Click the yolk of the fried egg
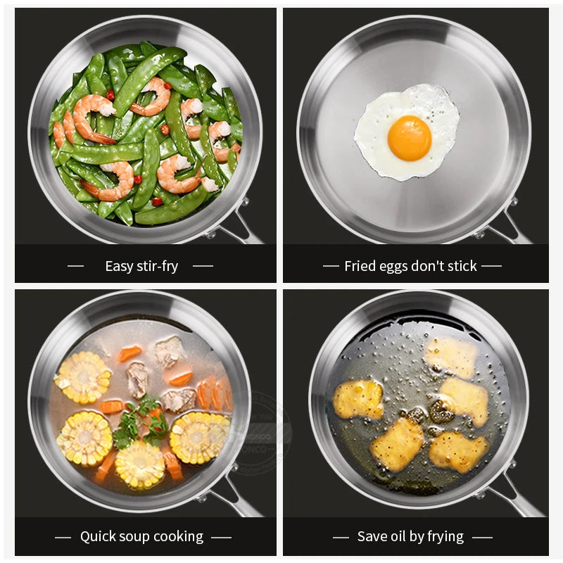409,137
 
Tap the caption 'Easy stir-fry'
141,266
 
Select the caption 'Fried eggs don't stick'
410,266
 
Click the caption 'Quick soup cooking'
141,537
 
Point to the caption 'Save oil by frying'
410,537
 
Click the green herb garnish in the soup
142,423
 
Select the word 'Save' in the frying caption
372,537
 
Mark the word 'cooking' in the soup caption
179,537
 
